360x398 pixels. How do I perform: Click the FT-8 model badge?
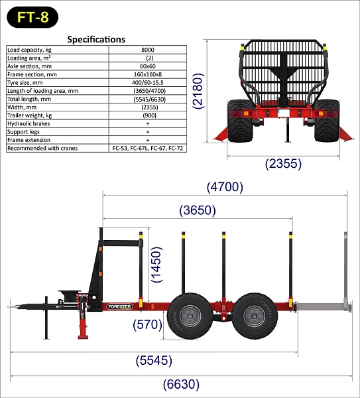(x=32, y=17)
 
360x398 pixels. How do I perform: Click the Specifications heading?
(x=96, y=39)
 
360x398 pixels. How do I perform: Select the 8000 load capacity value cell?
(x=148, y=50)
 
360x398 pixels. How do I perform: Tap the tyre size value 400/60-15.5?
(x=148, y=82)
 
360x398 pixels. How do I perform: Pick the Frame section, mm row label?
(x=32, y=74)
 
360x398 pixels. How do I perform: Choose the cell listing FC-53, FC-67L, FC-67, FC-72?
(x=148, y=148)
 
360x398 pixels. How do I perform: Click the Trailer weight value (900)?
(x=149, y=115)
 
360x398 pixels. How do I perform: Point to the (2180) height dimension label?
(x=198, y=91)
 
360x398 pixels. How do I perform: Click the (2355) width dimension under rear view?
(x=283, y=164)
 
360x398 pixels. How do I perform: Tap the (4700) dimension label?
(x=225, y=187)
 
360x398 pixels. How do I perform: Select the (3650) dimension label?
(x=198, y=210)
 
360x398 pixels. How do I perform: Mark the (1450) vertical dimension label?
(x=156, y=265)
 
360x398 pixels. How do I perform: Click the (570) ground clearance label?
(x=147, y=324)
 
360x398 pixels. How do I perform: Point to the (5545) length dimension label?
(x=154, y=360)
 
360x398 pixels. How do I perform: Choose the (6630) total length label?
(x=181, y=384)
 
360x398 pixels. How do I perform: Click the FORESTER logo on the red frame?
(x=119, y=306)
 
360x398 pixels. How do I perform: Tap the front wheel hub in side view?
(x=190, y=316)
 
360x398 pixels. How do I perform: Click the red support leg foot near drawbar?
(x=83, y=337)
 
